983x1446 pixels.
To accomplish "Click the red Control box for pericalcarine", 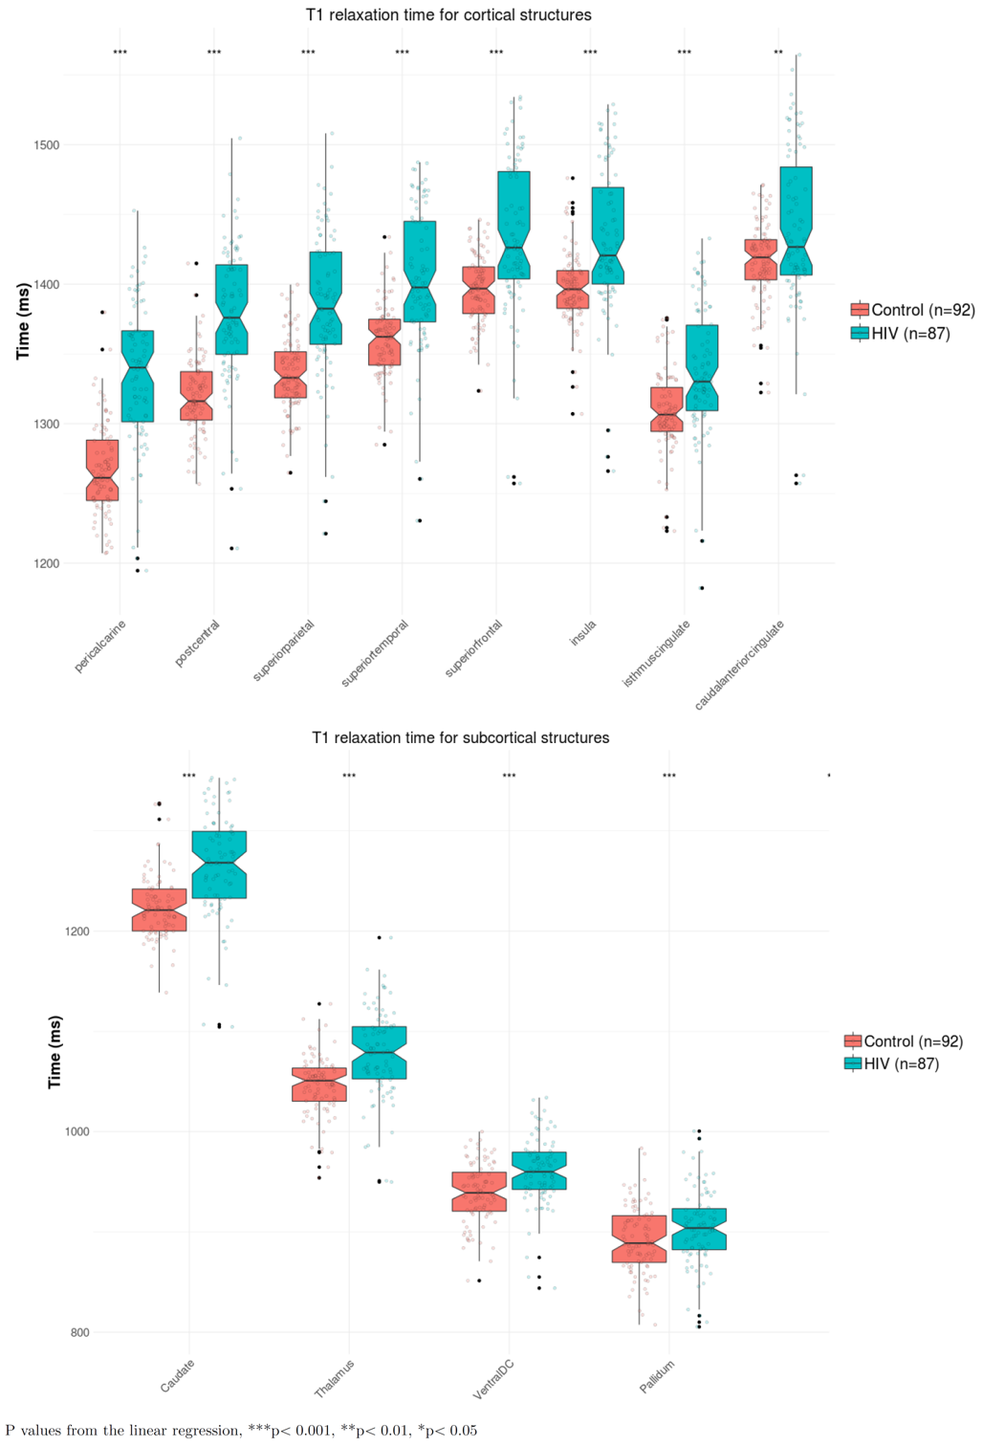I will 102,470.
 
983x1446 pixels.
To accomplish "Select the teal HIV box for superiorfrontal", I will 513,225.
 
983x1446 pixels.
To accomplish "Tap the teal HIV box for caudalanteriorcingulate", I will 796,221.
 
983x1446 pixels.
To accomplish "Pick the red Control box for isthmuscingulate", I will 666,409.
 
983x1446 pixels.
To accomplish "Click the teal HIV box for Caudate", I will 219,865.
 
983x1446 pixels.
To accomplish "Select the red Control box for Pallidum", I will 640,1238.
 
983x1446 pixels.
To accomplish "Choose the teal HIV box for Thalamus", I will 379,1052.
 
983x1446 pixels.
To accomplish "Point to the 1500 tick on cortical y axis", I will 47,145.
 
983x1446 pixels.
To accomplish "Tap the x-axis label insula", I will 583,633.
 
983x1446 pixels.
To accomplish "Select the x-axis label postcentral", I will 198,643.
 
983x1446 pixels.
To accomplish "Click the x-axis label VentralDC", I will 494,1379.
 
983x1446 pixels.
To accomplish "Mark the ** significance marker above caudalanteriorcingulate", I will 778,53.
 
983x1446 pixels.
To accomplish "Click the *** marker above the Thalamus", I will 349,776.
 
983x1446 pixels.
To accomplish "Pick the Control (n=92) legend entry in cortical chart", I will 913,310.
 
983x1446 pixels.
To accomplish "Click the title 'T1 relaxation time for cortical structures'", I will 448,15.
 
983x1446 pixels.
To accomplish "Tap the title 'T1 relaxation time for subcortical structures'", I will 460,737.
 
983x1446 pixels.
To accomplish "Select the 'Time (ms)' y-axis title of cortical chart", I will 23,321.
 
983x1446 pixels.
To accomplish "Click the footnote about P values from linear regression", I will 241,1431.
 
